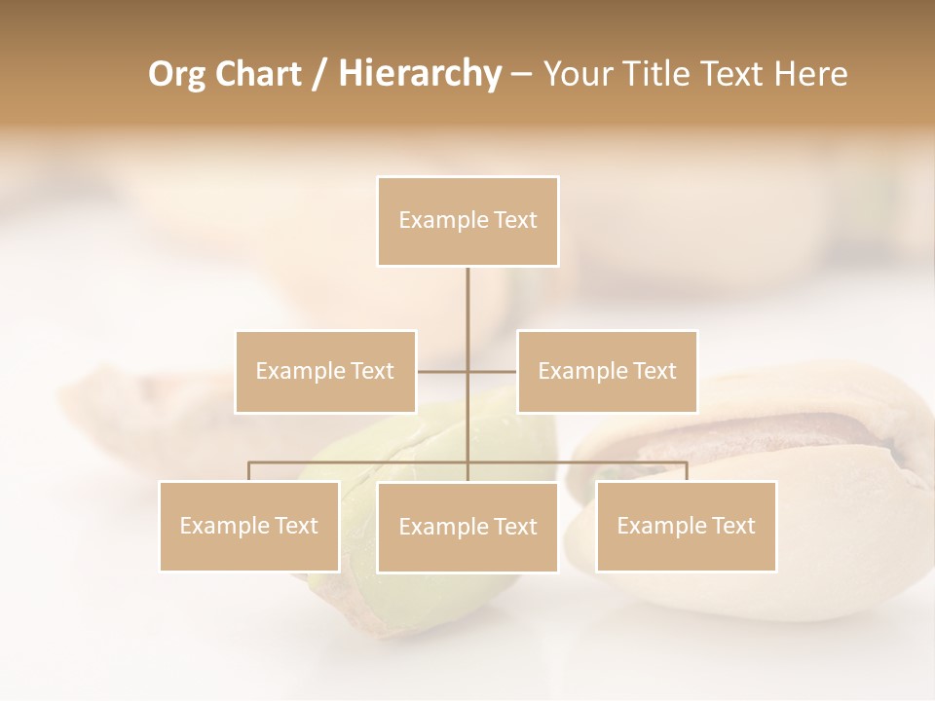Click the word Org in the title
(x=177, y=75)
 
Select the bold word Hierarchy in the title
(x=419, y=75)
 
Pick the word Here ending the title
(x=810, y=75)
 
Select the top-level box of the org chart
(x=467, y=221)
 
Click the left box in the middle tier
(x=325, y=371)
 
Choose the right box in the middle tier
(x=607, y=371)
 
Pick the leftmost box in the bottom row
(x=249, y=526)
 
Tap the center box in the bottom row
(x=467, y=527)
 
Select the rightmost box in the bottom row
(x=686, y=526)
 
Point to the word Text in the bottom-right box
(x=732, y=526)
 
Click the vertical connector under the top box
(x=467, y=312)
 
